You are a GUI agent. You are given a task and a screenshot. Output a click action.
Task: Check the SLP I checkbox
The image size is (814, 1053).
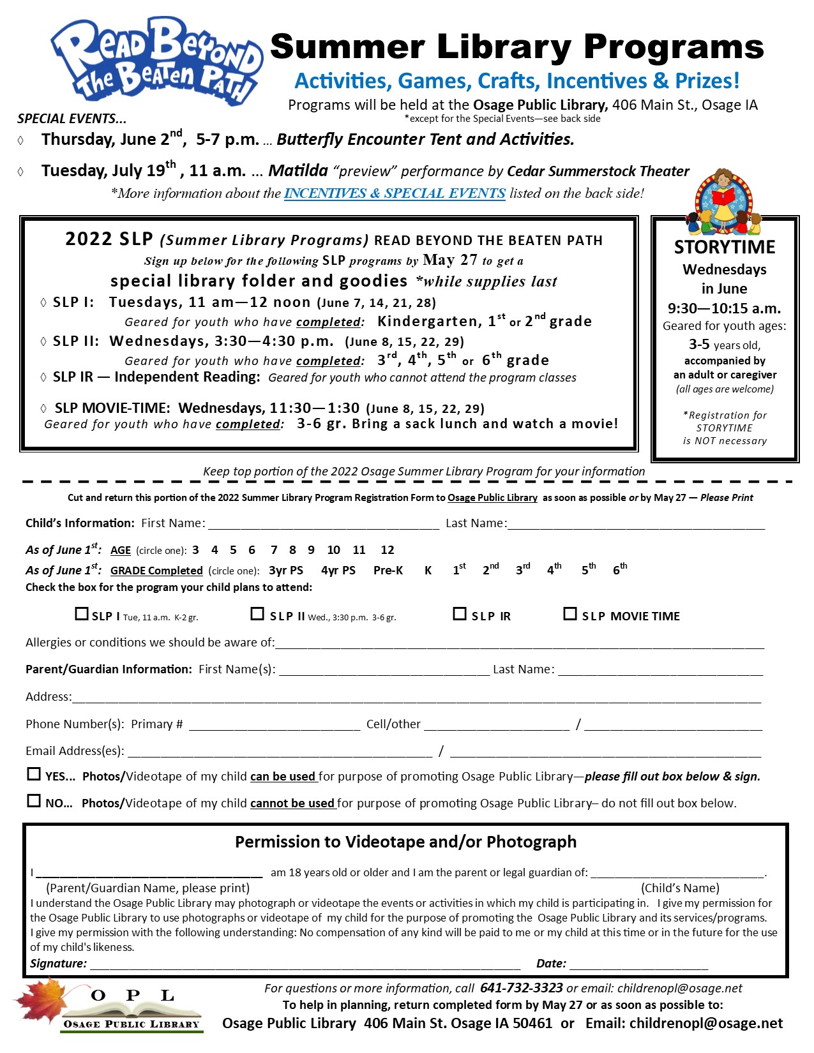[x=82, y=614]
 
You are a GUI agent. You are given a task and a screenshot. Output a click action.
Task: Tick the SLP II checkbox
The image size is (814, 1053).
[x=257, y=614]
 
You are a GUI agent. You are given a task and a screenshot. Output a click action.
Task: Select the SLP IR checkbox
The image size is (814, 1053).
[x=460, y=614]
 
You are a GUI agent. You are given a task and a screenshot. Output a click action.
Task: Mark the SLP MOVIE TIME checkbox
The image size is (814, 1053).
[x=570, y=614]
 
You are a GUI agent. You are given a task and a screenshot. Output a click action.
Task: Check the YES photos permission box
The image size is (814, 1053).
[x=34, y=774]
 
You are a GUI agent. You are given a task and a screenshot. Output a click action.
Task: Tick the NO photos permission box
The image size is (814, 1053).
[x=34, y=801]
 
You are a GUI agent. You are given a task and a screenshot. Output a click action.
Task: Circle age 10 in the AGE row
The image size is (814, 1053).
[x=333, y=550]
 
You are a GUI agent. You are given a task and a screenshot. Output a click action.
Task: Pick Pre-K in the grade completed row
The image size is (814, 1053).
[x=388, y=571]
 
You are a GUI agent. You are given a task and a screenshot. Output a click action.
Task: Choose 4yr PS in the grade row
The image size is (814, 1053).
[x=338, y=571]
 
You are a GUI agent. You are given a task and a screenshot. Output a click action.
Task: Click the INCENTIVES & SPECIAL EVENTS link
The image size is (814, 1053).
[x=395, y=193]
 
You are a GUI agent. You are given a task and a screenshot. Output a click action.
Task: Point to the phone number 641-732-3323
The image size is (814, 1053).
[x=521, y=989]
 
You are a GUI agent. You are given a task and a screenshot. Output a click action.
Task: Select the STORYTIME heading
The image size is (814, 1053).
[x=725, y=247]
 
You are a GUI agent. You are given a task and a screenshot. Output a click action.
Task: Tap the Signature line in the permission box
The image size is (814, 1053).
[x=305, y=964]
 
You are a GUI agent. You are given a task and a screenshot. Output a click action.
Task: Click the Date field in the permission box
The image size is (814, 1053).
[x=638, y=964]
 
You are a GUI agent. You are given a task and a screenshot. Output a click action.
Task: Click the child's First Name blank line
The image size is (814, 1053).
[x=324, y=524]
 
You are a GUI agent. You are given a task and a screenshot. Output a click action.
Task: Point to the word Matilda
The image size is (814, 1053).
[x=298, y=171]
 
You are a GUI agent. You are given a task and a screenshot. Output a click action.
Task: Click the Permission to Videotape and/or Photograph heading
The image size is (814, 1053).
[x=405, y=842]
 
